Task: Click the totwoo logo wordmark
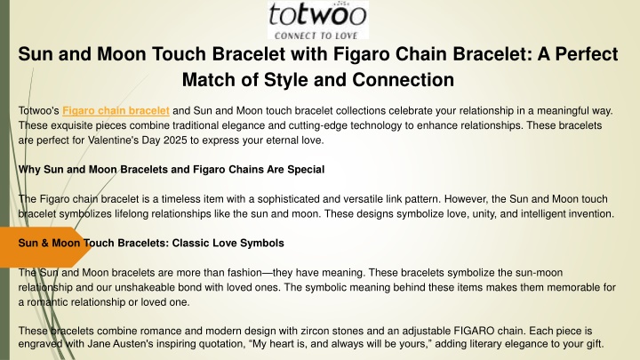tap(317, 15)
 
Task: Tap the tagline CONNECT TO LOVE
tap(316, 36)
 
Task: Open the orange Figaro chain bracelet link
tap(116, 110)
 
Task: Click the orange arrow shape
tap(45, 247)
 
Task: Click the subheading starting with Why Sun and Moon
tap(172, 170)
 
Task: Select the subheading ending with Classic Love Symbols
tap(151, 243)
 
